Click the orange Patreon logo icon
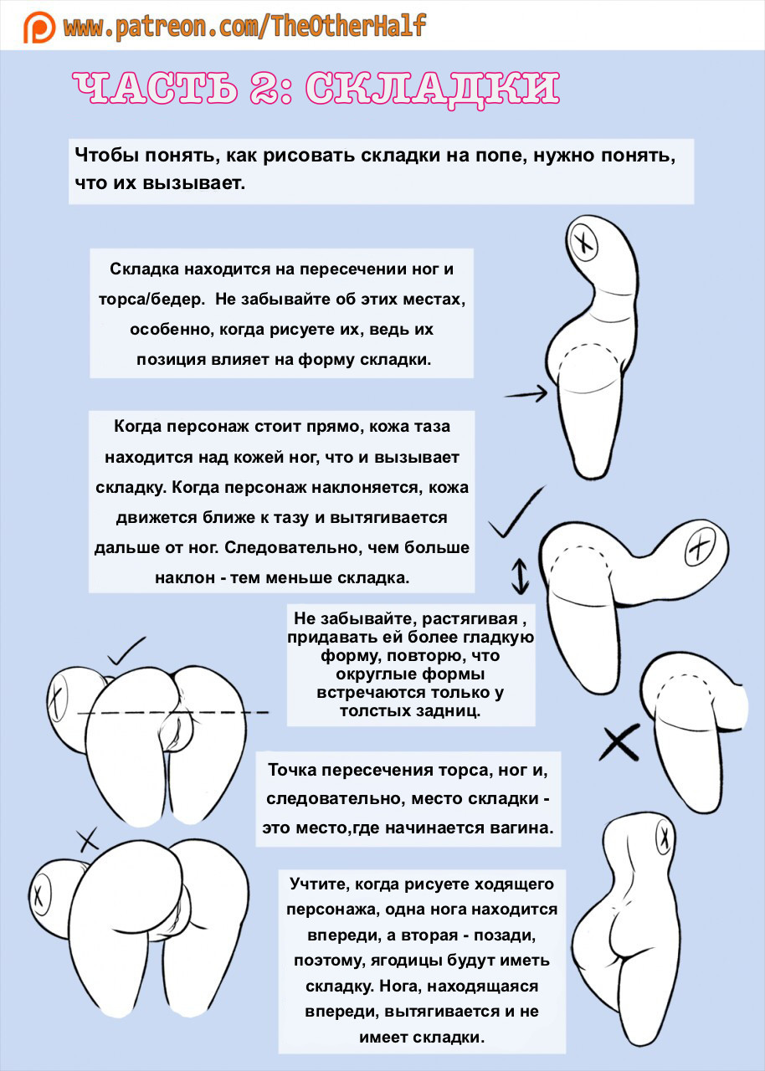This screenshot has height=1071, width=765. tap(39, 27)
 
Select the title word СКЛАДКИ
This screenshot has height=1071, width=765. tap(432, 89)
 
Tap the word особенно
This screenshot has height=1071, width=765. tap(172, 329)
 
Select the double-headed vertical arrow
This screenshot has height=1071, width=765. tap(520, 576)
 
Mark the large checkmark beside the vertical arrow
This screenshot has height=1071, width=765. tap(517, 511)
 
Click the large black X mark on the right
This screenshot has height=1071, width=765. tap(619, 740)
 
